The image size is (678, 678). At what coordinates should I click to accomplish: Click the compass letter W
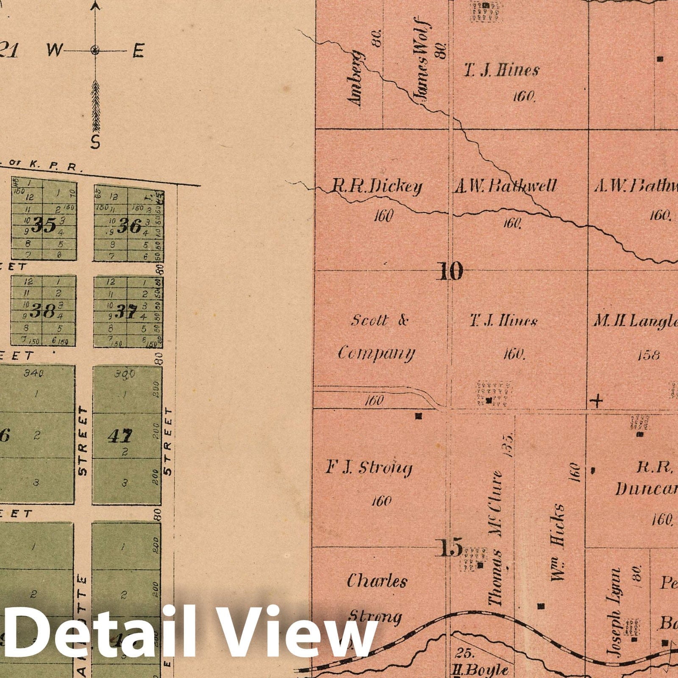[x=55, y=50]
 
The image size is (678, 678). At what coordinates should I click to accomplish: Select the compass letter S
[x=95, y=143]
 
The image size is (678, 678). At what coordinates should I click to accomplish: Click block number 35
[x=44, y=225]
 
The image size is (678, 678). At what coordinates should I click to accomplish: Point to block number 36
[x=129, y=226]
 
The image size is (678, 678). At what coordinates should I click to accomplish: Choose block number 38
[x=44, y=312]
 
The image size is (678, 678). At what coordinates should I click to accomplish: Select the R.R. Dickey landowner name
[x=377, y=187]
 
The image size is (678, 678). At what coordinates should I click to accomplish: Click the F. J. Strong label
[x=369, y=468]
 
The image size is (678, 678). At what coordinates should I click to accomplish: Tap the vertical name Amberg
[x=355, y=79]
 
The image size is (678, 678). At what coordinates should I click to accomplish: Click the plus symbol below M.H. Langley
[x=597, y=400]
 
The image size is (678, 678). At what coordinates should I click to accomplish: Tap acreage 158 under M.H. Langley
[x=648, y=355]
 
